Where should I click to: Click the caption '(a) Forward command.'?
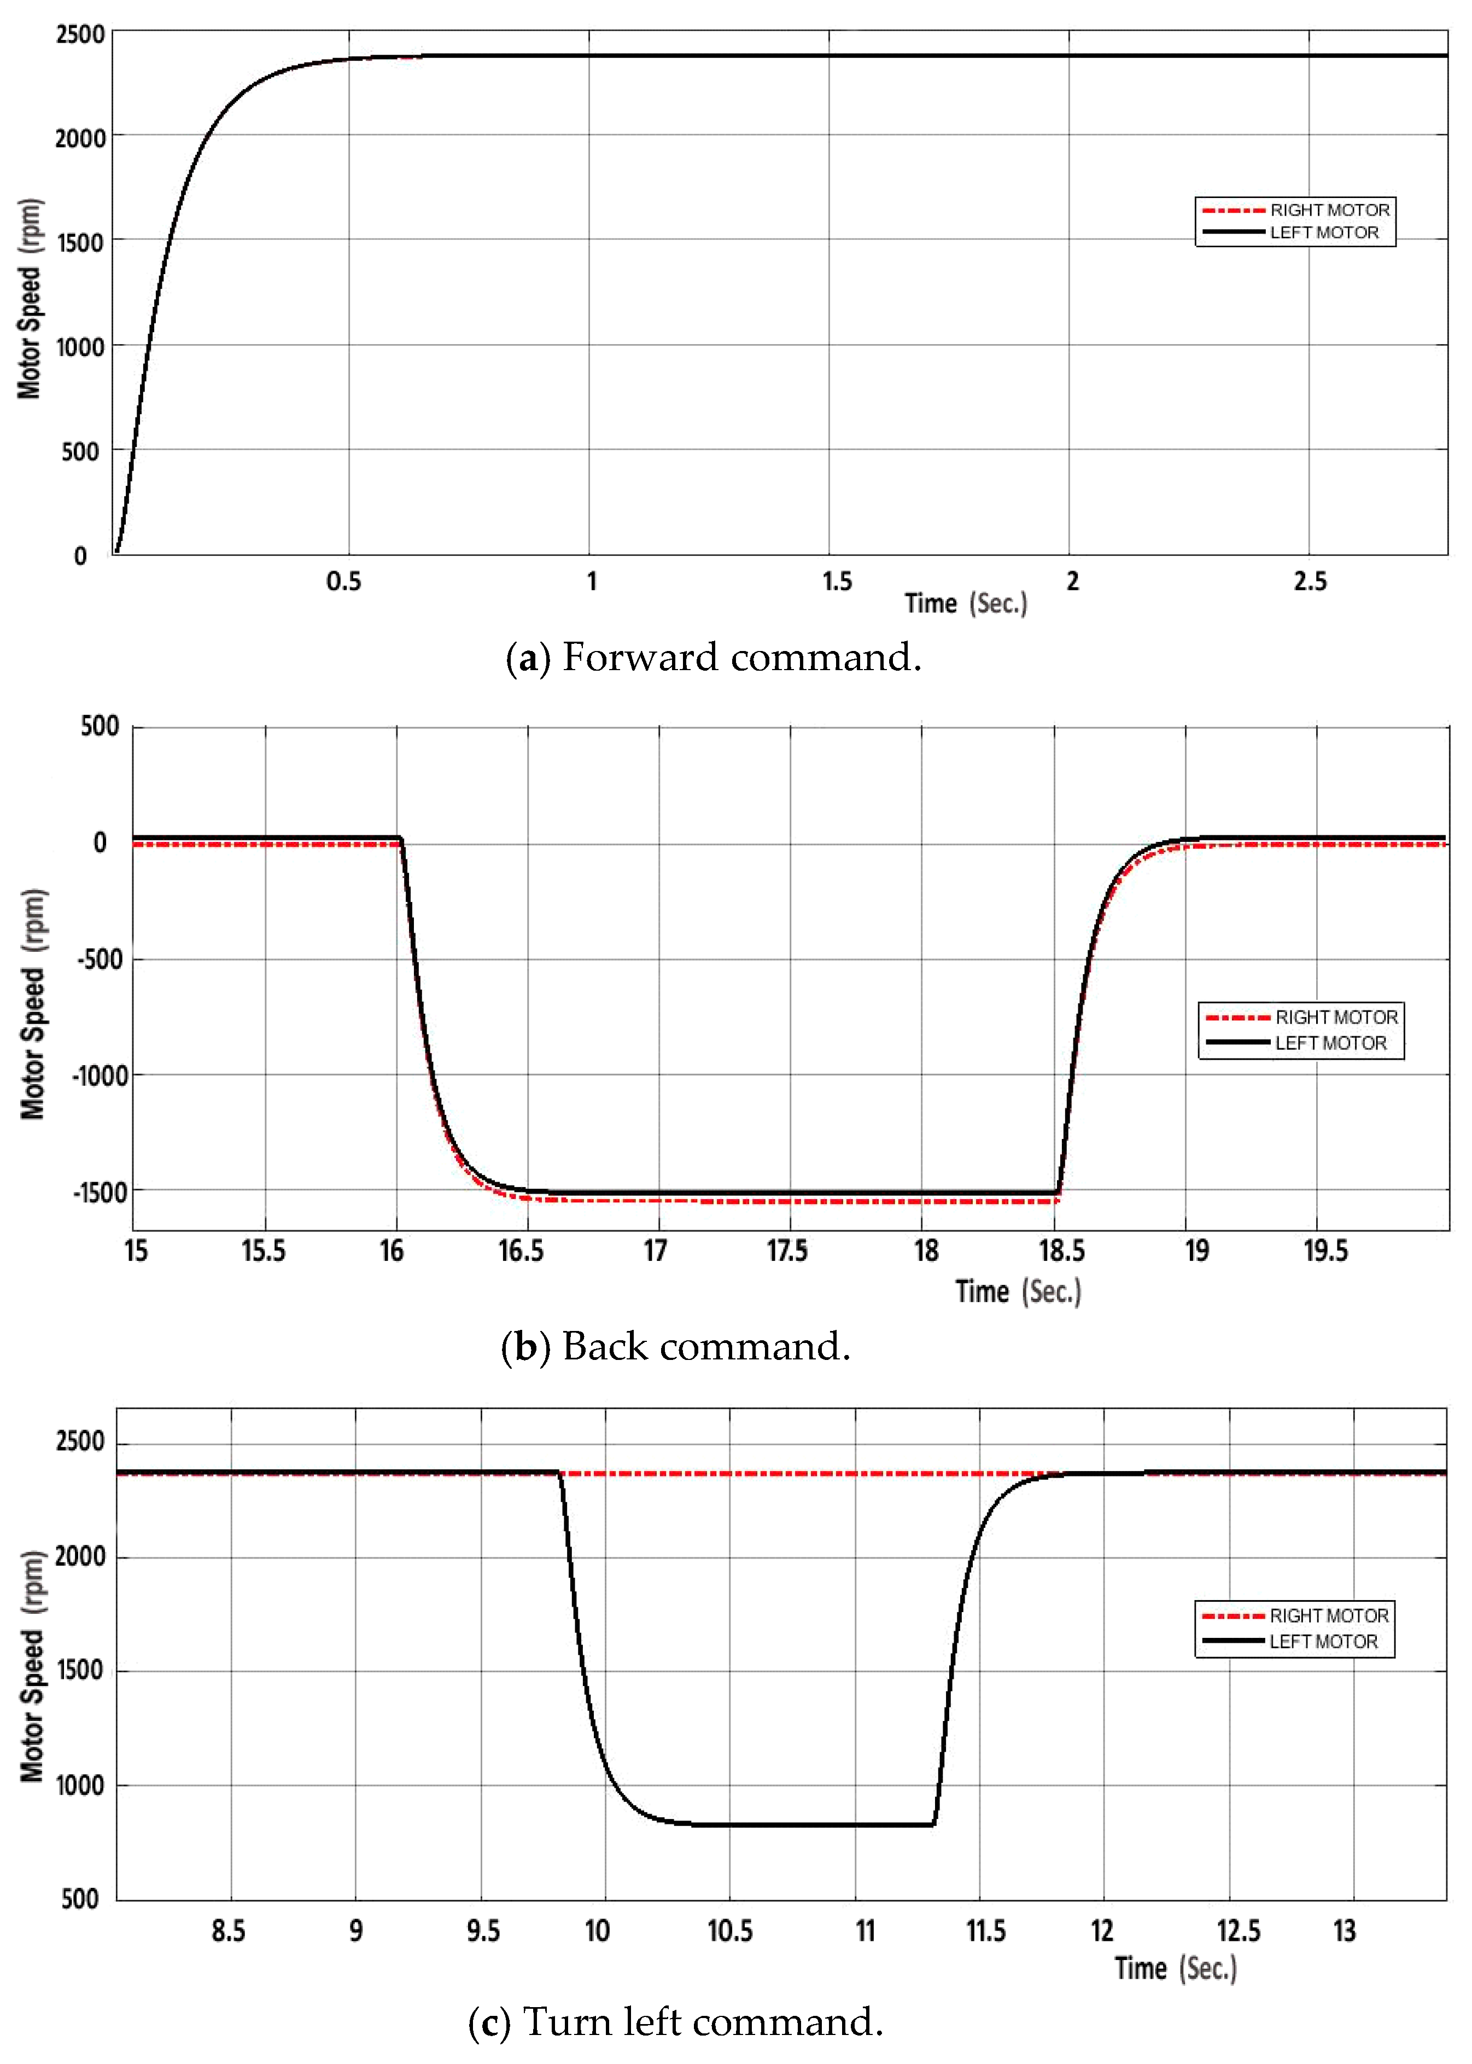pyautogui.click(x=714, y=656)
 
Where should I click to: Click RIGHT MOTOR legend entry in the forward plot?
pyautogui.click(x=1329, y=210)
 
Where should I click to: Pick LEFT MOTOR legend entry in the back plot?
pyautogui.click(x=1330, y=1043)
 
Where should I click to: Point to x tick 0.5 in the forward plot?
pyautogui.click(x=343, y=582)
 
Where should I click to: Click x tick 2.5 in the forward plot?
pyautogui.click(x=1310, y=582)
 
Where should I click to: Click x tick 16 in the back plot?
pyautogui.click(x=392, y=1252)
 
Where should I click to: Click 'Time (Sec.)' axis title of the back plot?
pyautogui.click(x=1018, y=1292)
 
